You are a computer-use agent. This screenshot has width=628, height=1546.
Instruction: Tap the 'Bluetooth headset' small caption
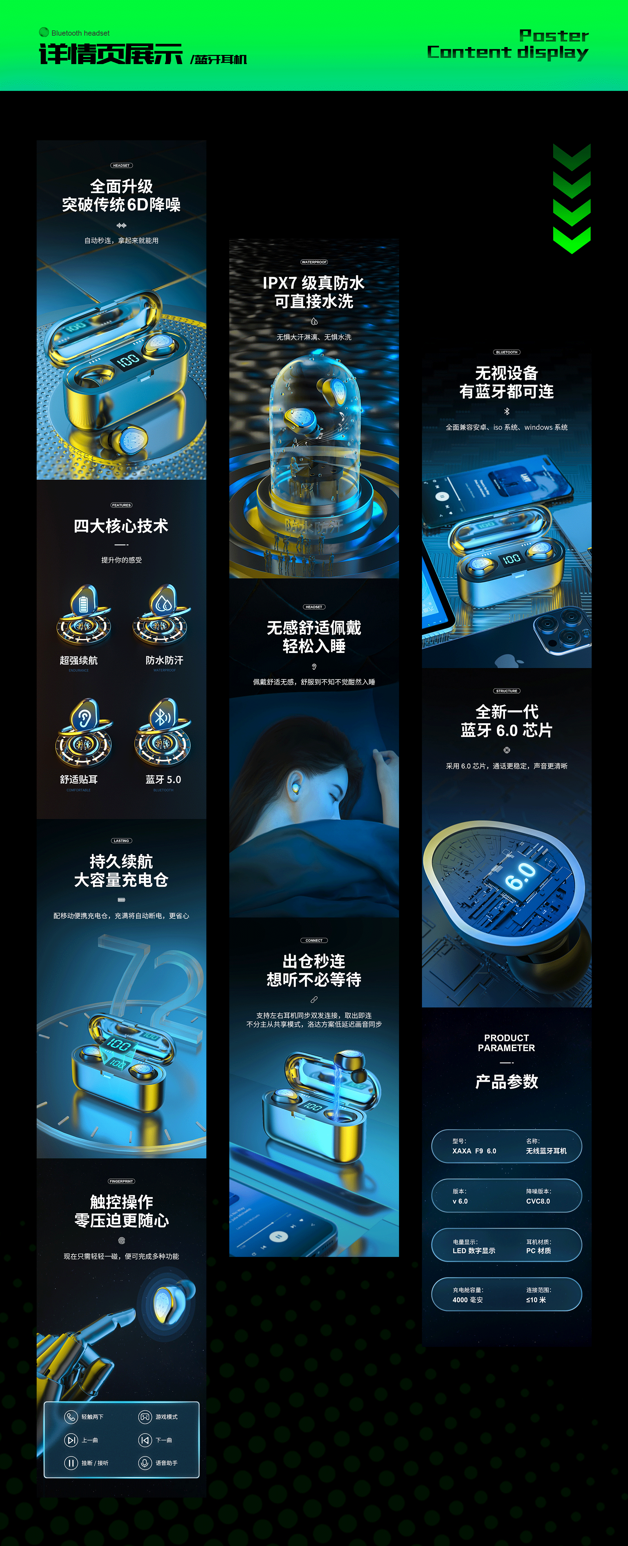tap(80, 33)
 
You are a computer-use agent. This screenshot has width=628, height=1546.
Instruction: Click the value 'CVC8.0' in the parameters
tap(538, 1201)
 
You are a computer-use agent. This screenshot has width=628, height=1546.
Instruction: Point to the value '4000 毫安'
tap(468, 1300)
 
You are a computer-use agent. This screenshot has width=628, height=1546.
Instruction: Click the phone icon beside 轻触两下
tap(71, 1417)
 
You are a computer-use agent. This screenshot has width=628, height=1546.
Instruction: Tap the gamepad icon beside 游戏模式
tap(145, 1417)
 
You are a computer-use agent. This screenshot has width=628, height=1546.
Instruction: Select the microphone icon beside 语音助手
tap(145, 1463)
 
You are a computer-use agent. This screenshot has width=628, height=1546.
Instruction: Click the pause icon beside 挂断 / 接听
tap(71, 1463)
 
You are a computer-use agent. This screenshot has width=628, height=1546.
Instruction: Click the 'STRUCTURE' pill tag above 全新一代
tap(507, 691)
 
